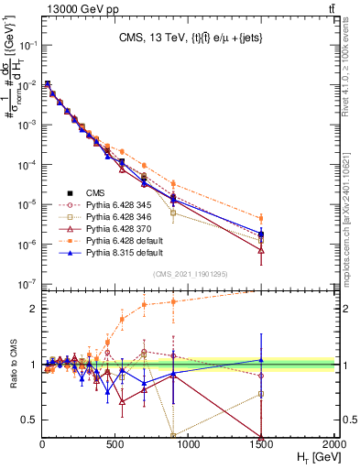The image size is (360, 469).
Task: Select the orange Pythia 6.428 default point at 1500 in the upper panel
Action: [x=262, y=218]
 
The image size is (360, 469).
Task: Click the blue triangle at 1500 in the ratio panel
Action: [x=262, y=360]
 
